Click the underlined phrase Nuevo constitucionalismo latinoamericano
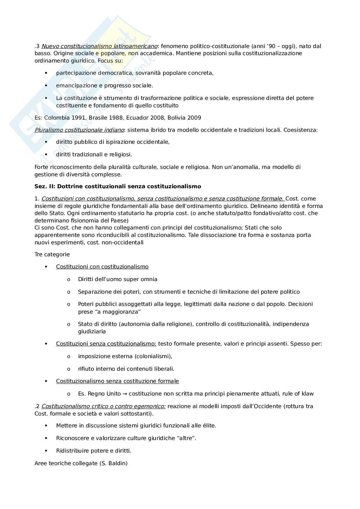click(99, 46)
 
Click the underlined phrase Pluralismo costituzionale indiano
click(79, 130)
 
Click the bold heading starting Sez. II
click(118, 186)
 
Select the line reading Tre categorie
click(52, 254)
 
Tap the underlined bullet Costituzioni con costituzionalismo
click(102, 267)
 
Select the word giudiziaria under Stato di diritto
click(92, 331)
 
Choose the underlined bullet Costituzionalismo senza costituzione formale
click(117, 381)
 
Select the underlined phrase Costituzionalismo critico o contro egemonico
click(104, 406)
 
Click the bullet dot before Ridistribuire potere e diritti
click(46, 451)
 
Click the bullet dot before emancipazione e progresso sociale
click(46, 85)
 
